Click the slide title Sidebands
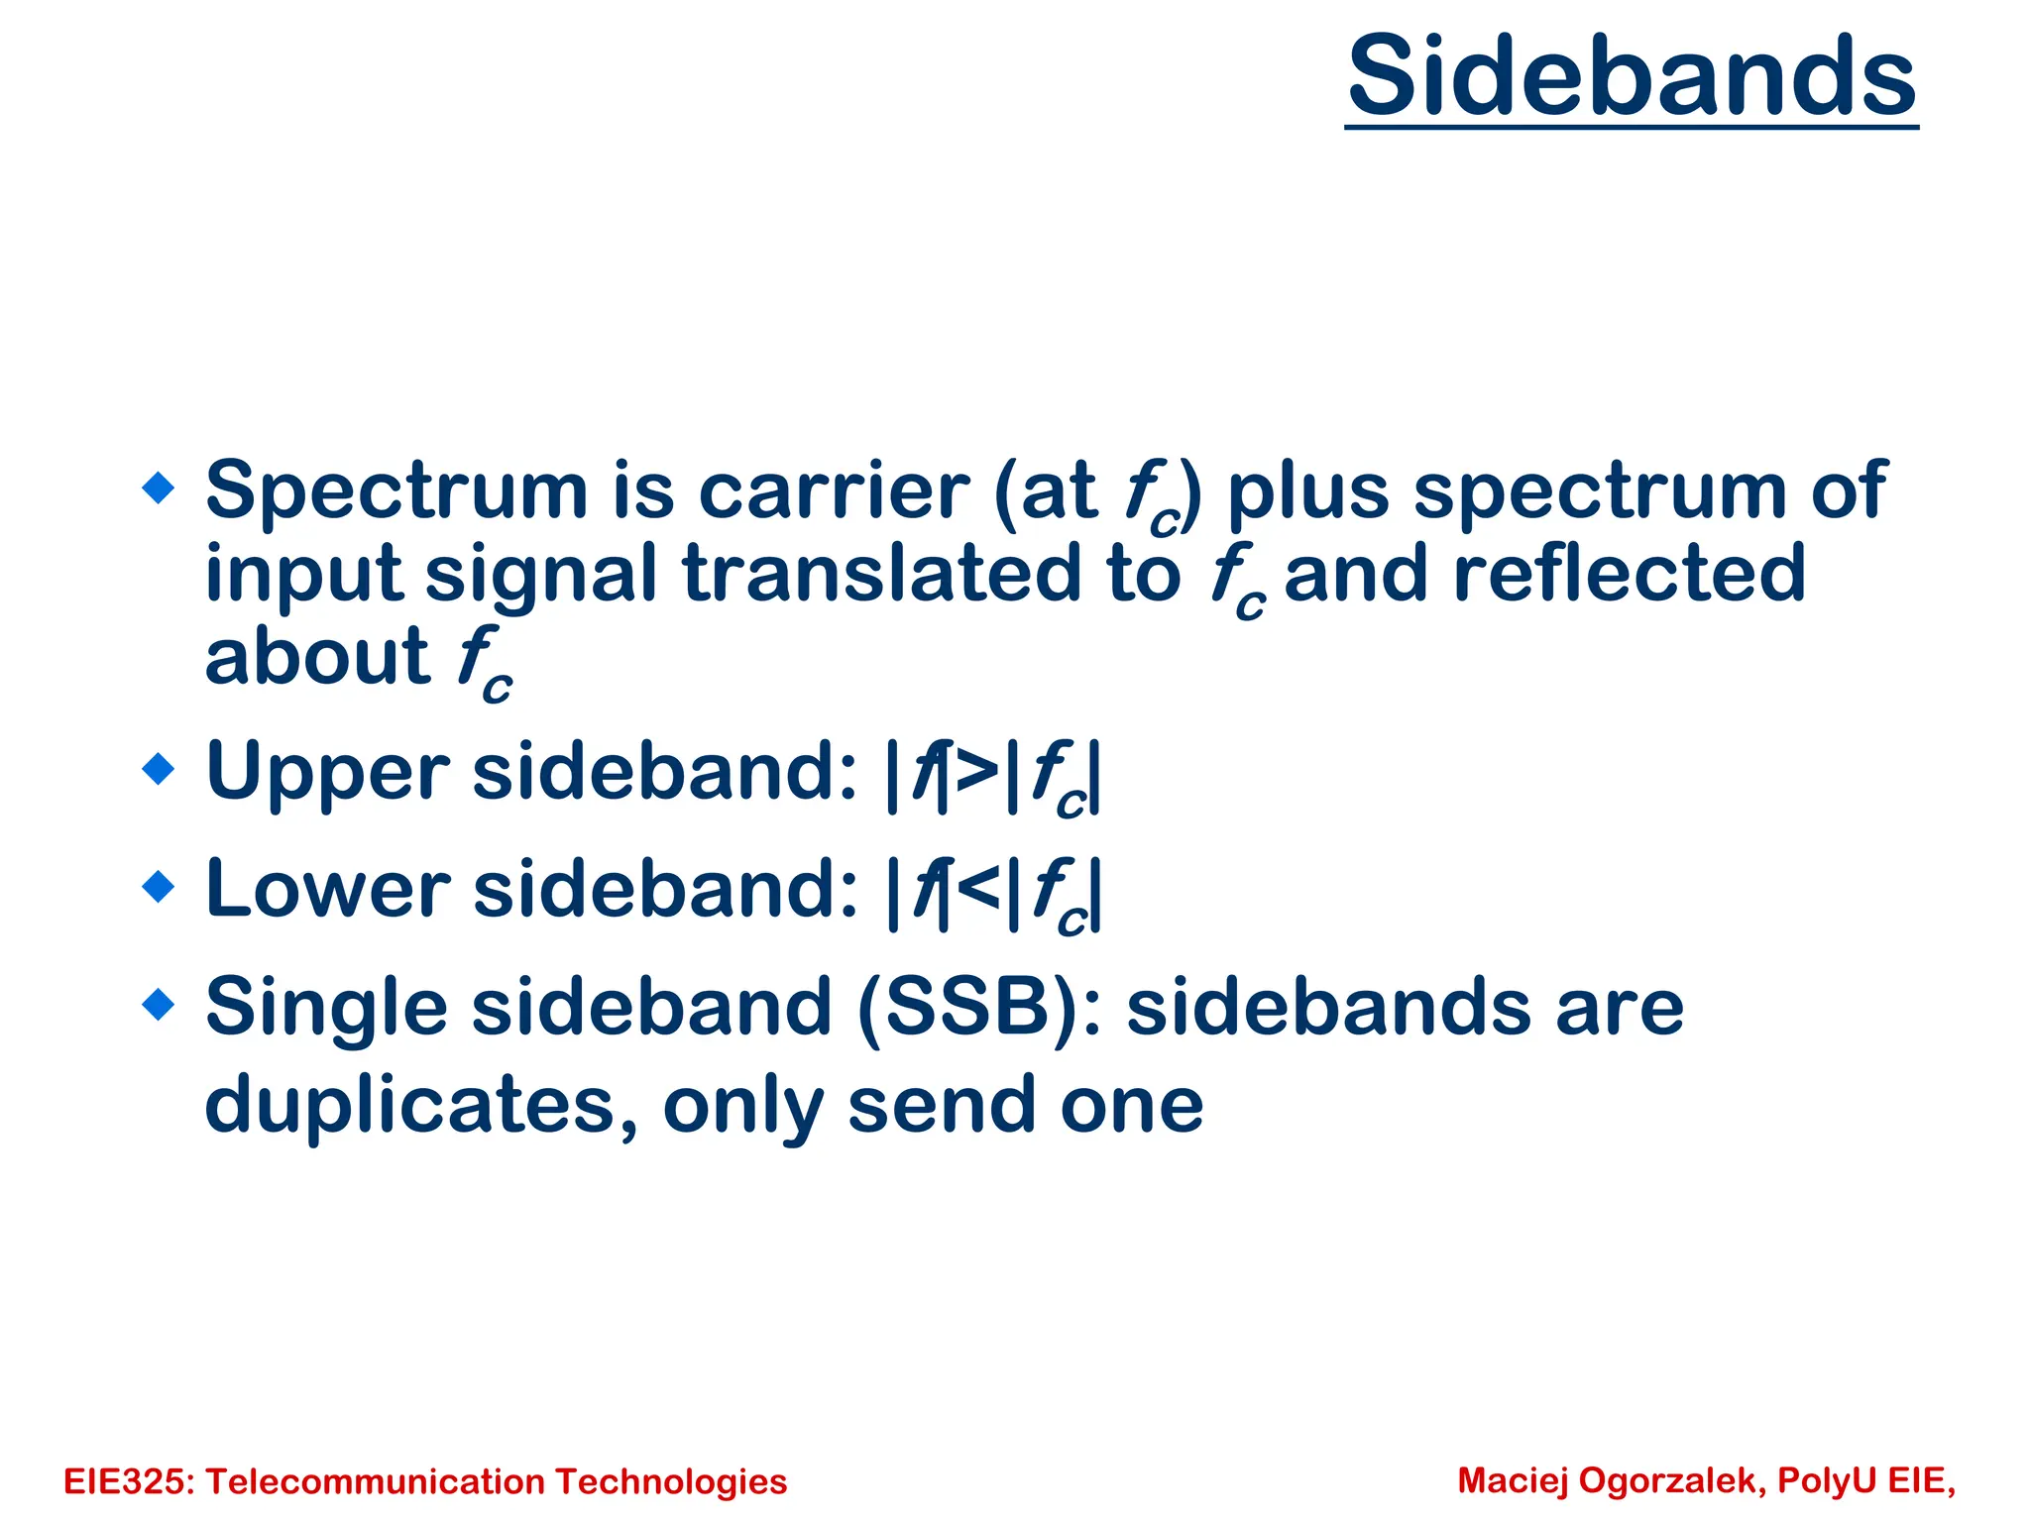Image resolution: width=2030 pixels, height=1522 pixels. pyautogui.click(x=1632, y=77)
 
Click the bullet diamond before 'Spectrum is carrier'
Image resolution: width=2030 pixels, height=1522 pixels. pyautogui.click(x=159, y=488)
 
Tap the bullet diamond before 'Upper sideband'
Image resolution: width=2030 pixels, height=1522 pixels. pyautogui.click(x=159, y=768)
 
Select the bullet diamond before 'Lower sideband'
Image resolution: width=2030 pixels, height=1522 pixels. pyautogui.click(x=159, y=886)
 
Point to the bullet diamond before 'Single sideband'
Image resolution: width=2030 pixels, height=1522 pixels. pyautogui.click(x=159, y=1004)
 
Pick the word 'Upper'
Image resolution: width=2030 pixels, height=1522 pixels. pyautogui.click(x=327, y=773)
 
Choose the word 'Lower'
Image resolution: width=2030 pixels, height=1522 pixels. pyautogui.click(x=327, y=889)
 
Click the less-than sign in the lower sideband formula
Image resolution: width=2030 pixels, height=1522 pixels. pyautogui.click(x=977, y=889)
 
